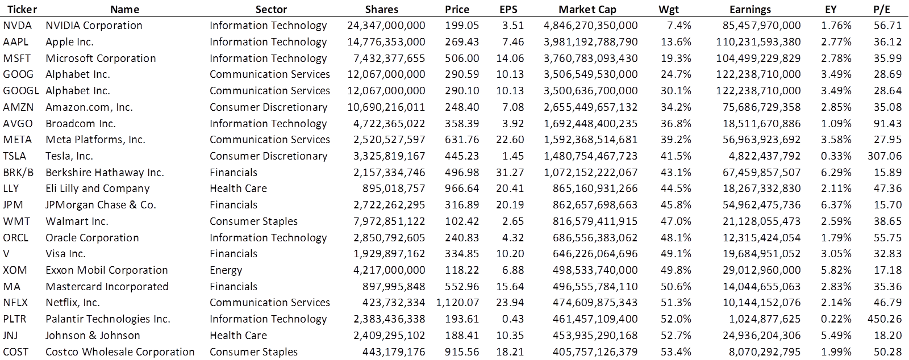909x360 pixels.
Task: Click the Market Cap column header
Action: (587, 9)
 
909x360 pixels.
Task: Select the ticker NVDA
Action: (17, 26)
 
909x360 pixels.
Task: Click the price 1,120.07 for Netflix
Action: (457, 303)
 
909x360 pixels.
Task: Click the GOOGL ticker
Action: (20, 91)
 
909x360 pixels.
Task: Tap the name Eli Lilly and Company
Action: (97, 189)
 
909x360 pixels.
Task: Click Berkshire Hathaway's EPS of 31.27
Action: (510, 173)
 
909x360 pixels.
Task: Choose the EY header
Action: (831, 9)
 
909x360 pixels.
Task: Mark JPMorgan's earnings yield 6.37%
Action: (836, 205)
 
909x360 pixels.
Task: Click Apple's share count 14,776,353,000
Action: (386, 42)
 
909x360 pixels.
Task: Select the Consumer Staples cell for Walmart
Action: (253, 221)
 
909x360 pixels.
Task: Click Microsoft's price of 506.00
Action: (463, 58)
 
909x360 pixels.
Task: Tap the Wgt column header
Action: (669, 9)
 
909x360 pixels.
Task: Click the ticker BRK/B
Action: (18, 173)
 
